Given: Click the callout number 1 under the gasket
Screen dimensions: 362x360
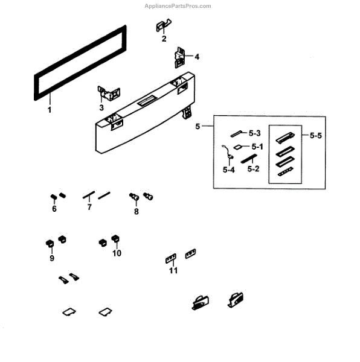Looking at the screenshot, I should pos(50,110).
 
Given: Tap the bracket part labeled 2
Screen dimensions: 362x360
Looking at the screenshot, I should pos(163,27).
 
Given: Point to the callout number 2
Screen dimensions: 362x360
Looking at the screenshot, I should pos(164,39).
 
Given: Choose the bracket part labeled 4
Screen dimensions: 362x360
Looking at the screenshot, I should pos(180,57).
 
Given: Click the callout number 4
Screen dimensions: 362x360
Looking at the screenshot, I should pos(196,57).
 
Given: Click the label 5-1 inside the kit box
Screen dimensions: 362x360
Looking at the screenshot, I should pos(257,146).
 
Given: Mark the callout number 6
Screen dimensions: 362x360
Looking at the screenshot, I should pos(54,209).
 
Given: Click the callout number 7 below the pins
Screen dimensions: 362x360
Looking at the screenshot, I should pos(89,207).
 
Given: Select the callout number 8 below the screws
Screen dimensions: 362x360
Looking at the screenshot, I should pos(136,211).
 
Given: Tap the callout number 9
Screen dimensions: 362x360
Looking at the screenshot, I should pos(52,258).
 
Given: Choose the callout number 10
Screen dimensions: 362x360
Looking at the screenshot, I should pos(116,253).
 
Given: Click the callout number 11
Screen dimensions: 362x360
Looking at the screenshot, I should pos(173,271).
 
